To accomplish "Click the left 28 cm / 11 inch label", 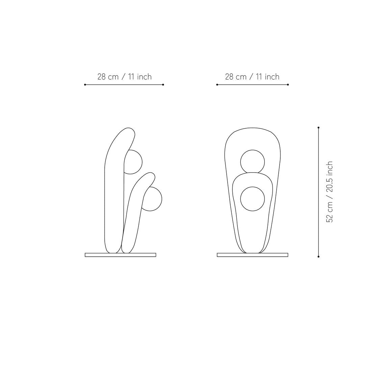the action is tap(125, 77).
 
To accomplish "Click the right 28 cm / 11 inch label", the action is tap(252, 77).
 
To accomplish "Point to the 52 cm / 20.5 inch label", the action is tap(329, 192).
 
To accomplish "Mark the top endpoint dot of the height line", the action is tap(318, 128).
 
